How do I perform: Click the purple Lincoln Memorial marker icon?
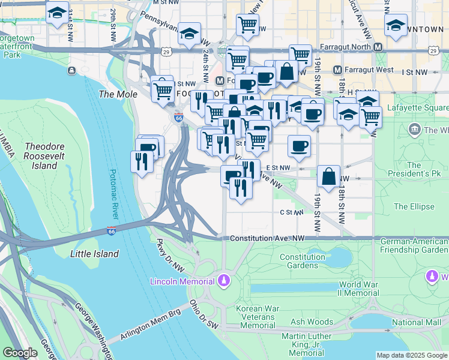(224, 280)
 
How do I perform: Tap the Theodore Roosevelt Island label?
(49, 156)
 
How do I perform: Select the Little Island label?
(94, 254)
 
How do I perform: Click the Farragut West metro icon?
(338, 70)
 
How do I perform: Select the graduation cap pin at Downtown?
(396, 26)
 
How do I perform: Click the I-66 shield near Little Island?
(112, 230)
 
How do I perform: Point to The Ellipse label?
(414, 206)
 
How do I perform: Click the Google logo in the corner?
(20, 353)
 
